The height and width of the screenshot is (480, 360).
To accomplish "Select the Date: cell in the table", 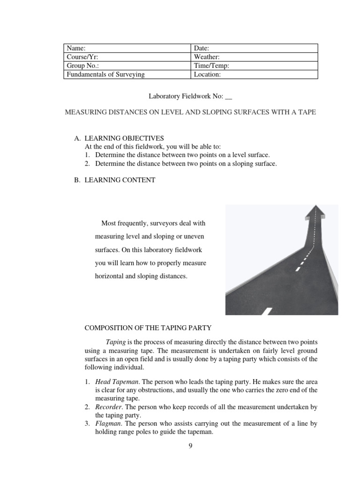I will tap(255, 48).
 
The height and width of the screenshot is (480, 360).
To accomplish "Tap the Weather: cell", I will tap(255, 57).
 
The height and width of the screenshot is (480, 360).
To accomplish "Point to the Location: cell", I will tap(255, 74).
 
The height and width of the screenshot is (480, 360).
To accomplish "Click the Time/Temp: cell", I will tap(255, 66).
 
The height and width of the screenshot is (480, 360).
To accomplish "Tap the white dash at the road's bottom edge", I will tap(266, 311).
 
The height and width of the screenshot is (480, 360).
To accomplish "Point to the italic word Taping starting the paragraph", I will tap(115, 343).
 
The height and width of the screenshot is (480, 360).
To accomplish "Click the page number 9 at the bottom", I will tap(190, 446).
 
